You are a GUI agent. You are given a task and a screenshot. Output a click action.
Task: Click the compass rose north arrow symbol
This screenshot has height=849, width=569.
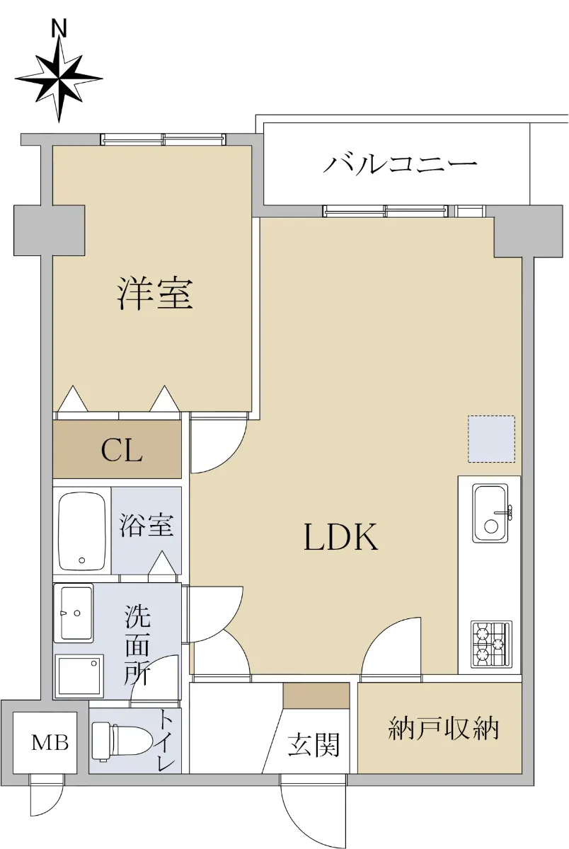click(59, 79)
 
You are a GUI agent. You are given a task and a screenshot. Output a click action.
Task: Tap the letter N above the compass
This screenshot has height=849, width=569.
click(59, 29)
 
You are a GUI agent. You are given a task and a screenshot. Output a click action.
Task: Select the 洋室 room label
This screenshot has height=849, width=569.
click(155, 294)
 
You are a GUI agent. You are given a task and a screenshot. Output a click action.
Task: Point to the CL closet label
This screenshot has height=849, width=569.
click(122, 451)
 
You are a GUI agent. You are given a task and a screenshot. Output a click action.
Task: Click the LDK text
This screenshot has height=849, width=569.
click(341, 536)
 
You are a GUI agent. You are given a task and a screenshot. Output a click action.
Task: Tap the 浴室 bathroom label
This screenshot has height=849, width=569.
click(146, 525)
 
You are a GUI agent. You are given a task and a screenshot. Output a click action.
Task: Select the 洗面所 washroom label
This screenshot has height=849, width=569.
click(137, 644)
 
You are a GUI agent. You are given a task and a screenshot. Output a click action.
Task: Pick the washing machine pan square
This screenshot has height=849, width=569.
click(79, 676)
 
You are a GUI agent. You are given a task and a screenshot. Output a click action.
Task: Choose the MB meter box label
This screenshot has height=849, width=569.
click(50, 742)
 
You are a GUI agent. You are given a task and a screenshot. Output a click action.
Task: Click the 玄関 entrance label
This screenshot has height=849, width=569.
click(314, 744)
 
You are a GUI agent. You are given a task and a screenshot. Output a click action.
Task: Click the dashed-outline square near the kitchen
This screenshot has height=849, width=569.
click(491, 439)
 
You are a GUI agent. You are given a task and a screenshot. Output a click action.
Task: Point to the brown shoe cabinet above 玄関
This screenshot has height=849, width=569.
click(316, 695)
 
